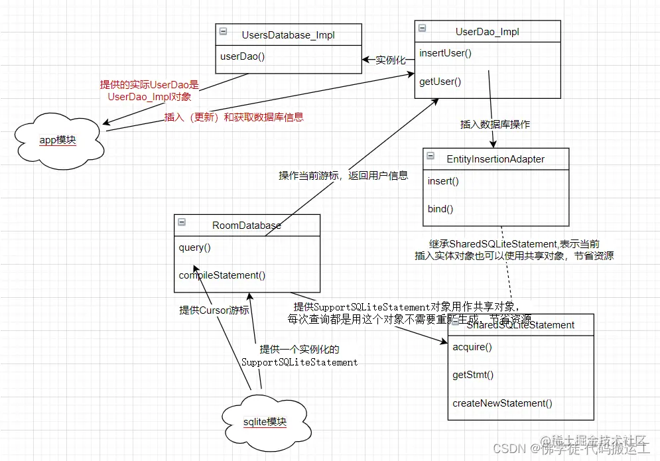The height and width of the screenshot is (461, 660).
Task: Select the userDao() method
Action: coord(243,56)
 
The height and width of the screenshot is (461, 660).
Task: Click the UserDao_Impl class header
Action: coord(487,31)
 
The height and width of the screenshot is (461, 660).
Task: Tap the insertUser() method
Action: coord(445,53)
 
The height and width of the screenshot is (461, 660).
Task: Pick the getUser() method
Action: coord(440,82)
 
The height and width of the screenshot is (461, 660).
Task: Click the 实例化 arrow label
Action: coord(390,60)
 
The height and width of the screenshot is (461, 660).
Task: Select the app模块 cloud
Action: coord(58,140)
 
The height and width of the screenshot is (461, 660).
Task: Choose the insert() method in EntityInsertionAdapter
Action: coord(443,180)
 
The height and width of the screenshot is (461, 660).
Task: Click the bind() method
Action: coord(440,209)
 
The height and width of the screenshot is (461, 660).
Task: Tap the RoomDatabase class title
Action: coord(247,226)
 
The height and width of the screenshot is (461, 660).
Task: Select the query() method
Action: coord(194,247)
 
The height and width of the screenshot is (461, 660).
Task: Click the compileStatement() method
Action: coord(222,275)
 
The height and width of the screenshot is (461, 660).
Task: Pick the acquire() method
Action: coord(472,347)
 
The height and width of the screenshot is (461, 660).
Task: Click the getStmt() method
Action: coord(473,375)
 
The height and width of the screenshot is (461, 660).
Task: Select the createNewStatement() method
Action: coord(502,403)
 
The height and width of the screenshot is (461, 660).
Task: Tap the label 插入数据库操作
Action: coord(495,124)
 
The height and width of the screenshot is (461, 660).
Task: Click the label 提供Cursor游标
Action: coord(214,310)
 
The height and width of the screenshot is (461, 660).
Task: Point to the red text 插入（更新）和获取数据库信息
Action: coord(233,117)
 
